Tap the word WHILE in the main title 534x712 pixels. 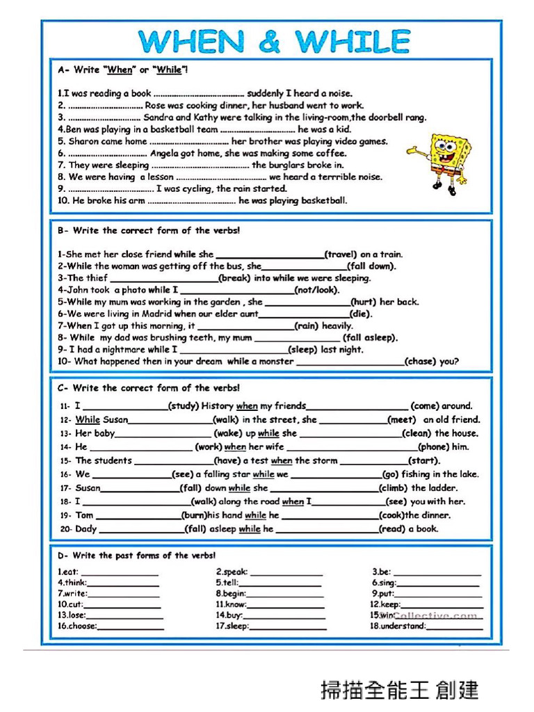[353, 42]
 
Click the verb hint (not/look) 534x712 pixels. [317, 290]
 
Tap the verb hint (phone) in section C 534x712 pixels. [435, 447]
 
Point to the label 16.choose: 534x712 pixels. [77, 626]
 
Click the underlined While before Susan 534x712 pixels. [88, 420]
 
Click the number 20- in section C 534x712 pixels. [65, 529]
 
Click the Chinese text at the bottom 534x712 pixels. [399, 690]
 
